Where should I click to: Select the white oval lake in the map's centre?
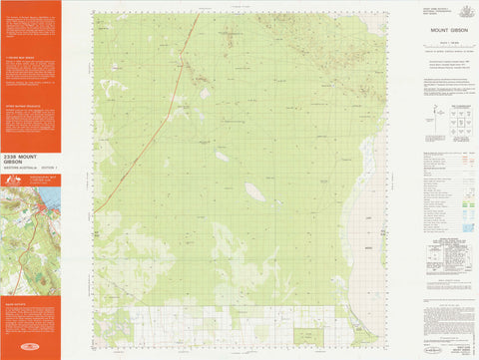coord(255,190)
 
